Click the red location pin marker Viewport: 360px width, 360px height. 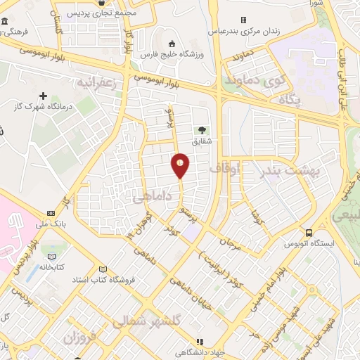point(181,165)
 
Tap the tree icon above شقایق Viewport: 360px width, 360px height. point(202,129)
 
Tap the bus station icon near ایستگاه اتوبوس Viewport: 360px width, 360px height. point(309,233)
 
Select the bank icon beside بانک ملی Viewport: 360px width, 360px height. point(50,213)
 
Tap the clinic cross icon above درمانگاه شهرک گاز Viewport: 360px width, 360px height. point(44,96)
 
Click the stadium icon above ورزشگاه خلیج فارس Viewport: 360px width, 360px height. point(173,42)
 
